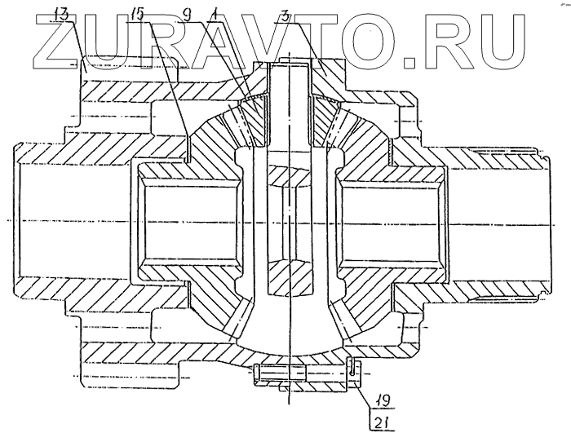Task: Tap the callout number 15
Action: [x=137, y=13]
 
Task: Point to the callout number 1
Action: [x=214, y=13]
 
